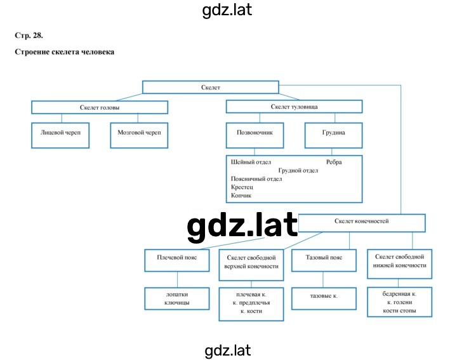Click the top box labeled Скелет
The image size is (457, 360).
(x=211, y=87)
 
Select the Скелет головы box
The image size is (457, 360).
(x=100, y=107)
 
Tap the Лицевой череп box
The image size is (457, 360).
(x=60, y=135)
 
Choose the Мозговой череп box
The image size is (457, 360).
(x=139, y=135)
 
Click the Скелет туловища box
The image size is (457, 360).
(x=294, y=107)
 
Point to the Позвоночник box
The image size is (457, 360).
(x=255, y=135)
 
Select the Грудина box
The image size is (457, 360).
(x=333, y=135)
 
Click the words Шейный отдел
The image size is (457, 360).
(x=251, y=162)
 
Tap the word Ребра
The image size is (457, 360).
(x=334, y=162)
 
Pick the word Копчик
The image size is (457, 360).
(x=241, y=196)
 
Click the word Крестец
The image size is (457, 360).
(x=242, y=187)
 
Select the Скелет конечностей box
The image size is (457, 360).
(x=362, y=223)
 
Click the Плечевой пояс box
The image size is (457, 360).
(x=177, y=260)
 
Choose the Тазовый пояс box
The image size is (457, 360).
(x=324, y=260)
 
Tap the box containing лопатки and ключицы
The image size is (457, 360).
(x=177, y=298)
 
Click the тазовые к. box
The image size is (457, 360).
(x=324, y=298)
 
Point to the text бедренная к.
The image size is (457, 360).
(x=399, y=294)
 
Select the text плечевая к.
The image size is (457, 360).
(x=251, y=295)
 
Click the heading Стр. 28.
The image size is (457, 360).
(x=29, y=36)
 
